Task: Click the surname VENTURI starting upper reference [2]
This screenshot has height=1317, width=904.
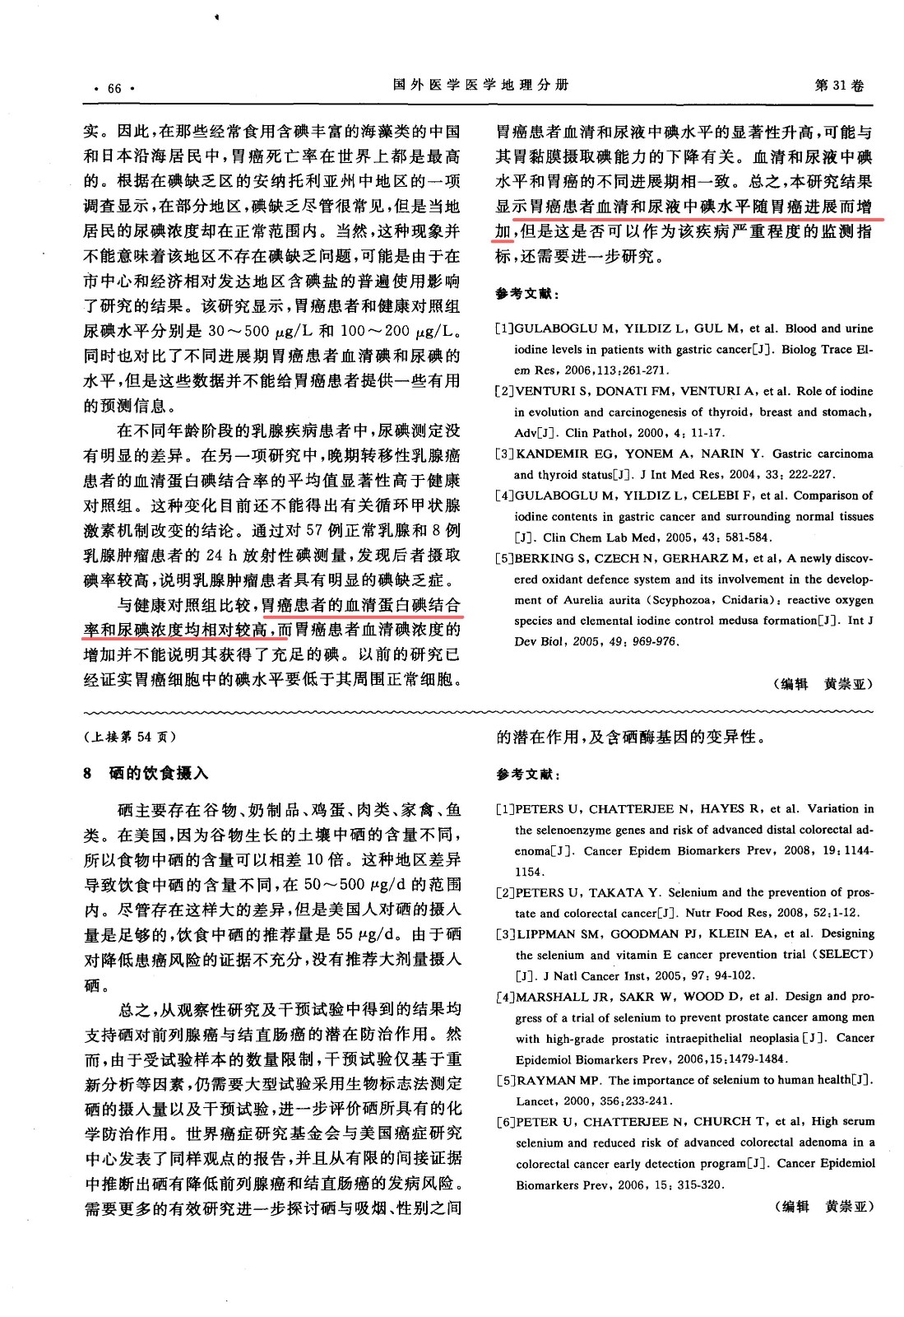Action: point(544,391)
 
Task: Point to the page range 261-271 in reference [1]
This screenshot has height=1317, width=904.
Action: point(646,370)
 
